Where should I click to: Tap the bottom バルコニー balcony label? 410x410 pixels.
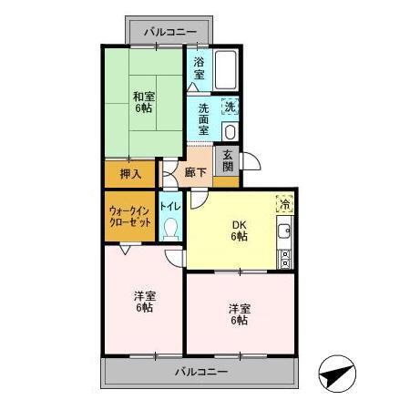[200, 372]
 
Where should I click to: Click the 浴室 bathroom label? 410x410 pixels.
[200, 68]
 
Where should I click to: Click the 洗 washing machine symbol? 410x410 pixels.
[231, 107]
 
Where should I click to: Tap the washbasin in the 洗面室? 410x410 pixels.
[230, 129]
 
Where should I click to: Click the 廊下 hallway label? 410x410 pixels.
[195, 171]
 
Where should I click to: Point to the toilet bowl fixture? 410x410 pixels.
[170, 230]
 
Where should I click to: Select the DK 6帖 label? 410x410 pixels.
[239, 231]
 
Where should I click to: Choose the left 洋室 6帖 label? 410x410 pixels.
[143, 302]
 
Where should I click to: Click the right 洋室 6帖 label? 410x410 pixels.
[239, 314]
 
